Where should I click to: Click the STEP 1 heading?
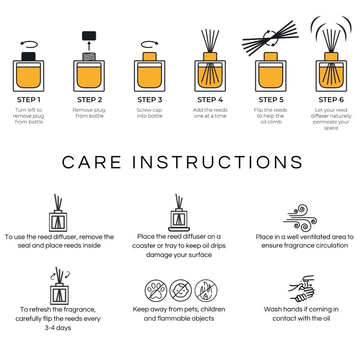pyautogui.click(x=28, y=100)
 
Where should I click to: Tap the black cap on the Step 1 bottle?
pyautogui.click(x=28, y=57)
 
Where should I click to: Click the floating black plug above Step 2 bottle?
pyautogui.click(x=89, y=36)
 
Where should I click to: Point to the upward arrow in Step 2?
pyautogui.click(x=89, y=46)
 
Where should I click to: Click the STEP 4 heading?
pyautogui.click(x=210, y=100)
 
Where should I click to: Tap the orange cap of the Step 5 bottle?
pyautogui.click(x=271, y=57)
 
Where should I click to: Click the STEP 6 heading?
pyautogui.click(x=331, y=100)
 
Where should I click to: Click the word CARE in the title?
pyautogui.click(x=91, y=162)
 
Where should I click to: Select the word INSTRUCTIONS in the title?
pyautogui.click(x=217, y=162)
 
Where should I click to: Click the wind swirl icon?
pyautogui.click(x=300, y=218)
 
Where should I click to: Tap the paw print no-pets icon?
pyautogui.click(x=156, y=291)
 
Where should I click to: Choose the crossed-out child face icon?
pyautogui.click(x=181, y=291)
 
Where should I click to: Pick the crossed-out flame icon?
pyautogui.click(x=206, y=291)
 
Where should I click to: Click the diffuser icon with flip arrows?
pyautogui.click(x=60, y=285)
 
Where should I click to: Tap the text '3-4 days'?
pyautogui.click(x=58, y=328)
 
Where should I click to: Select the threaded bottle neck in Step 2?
pyautogui.click(x=89, y=57)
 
